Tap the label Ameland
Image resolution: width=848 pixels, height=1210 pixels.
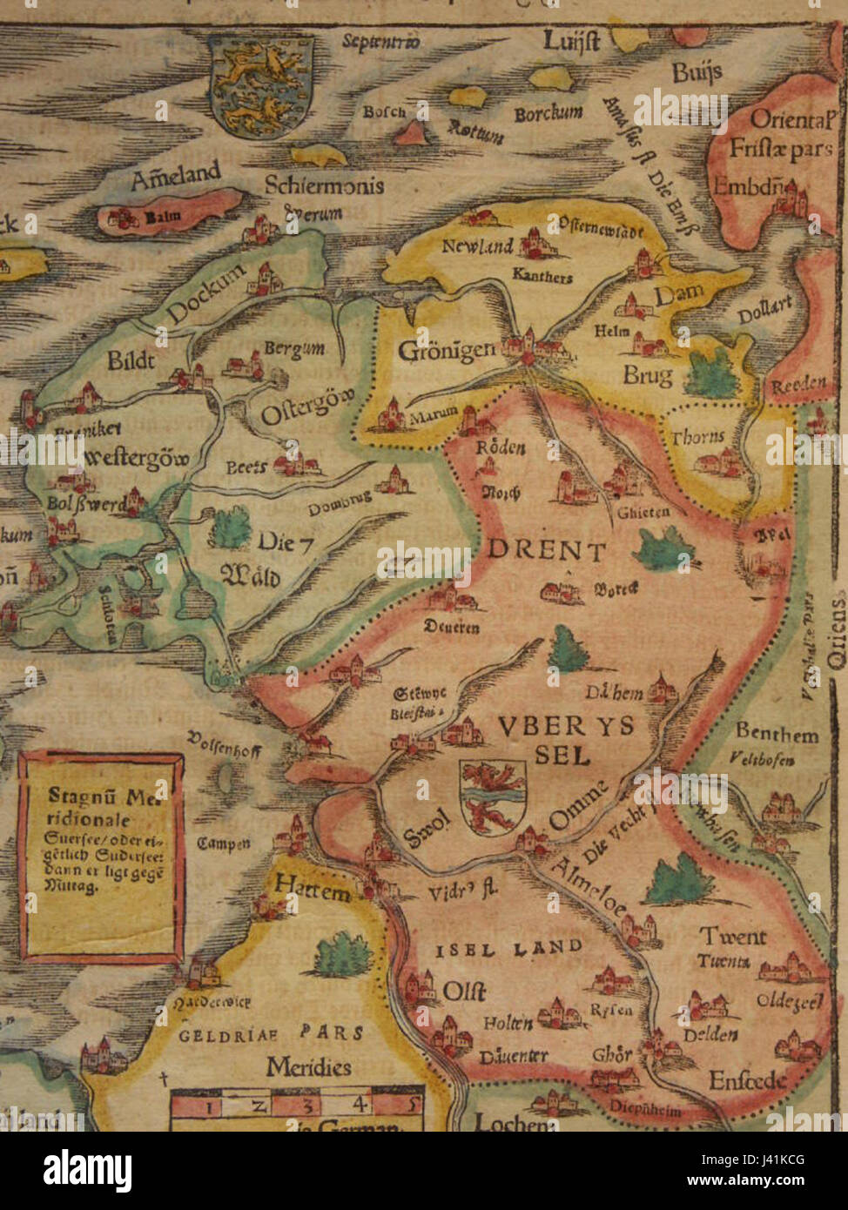(175, 177)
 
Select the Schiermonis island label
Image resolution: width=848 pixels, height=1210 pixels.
(324, 185)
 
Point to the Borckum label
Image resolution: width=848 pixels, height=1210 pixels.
(548, 114)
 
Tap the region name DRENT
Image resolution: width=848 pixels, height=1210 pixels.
(546, 550)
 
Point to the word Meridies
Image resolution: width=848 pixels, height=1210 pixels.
(308, 1066)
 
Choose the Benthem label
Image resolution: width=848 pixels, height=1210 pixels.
(777, 733)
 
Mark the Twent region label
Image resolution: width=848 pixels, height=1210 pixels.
(733, 937)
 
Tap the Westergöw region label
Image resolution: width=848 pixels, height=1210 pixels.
(137, 459)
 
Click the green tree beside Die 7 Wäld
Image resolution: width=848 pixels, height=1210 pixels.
(230, 528)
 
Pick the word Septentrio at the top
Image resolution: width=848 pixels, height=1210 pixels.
(380, 41)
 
